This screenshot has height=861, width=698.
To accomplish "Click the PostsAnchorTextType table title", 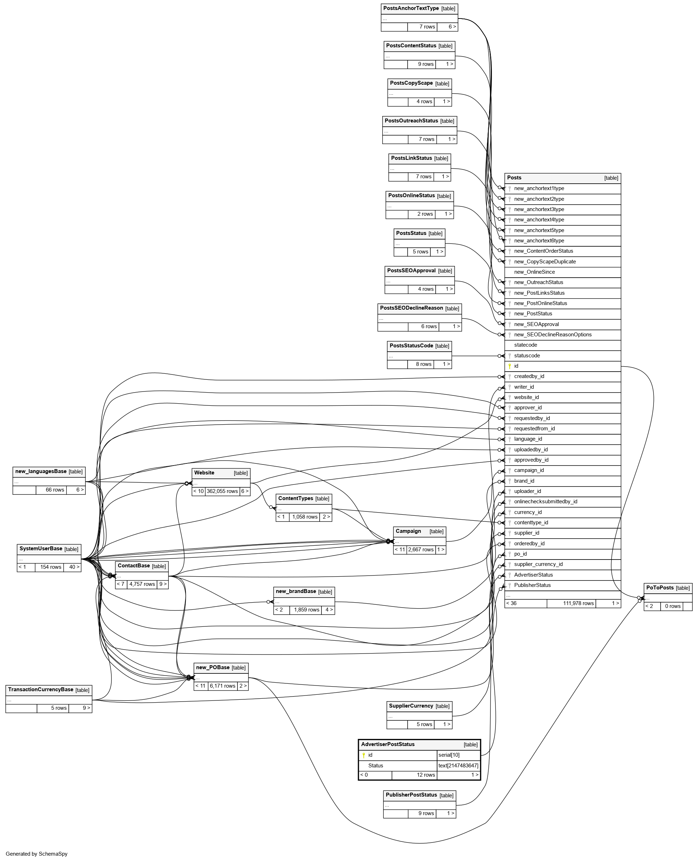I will (410, 9).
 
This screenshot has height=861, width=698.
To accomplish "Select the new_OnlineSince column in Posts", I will (534, 272).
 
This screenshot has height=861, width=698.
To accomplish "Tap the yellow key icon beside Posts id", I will (509, 366).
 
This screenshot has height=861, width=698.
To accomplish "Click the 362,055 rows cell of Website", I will (222, 491).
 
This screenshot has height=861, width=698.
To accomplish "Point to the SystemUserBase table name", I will (41, 549).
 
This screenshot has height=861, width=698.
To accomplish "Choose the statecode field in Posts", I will (525, 345).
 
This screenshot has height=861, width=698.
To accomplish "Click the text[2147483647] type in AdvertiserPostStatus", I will (458, 765).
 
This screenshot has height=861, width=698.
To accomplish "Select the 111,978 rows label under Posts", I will (578, 603).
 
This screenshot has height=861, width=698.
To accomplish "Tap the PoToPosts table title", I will (660, 588).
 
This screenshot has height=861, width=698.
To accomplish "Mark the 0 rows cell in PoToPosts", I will (672, 606).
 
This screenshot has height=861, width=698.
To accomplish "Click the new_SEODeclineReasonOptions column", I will (552, 335).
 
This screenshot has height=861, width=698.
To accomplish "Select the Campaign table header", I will (408, 531).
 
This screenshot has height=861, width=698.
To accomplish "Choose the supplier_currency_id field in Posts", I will (538, 565).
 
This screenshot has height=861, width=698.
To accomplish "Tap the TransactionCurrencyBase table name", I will (41, 689).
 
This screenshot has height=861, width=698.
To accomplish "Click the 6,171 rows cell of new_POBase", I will (222, 686).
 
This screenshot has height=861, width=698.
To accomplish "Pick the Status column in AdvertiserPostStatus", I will (376, 765).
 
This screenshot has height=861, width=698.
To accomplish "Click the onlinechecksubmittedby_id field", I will (545, 502).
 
